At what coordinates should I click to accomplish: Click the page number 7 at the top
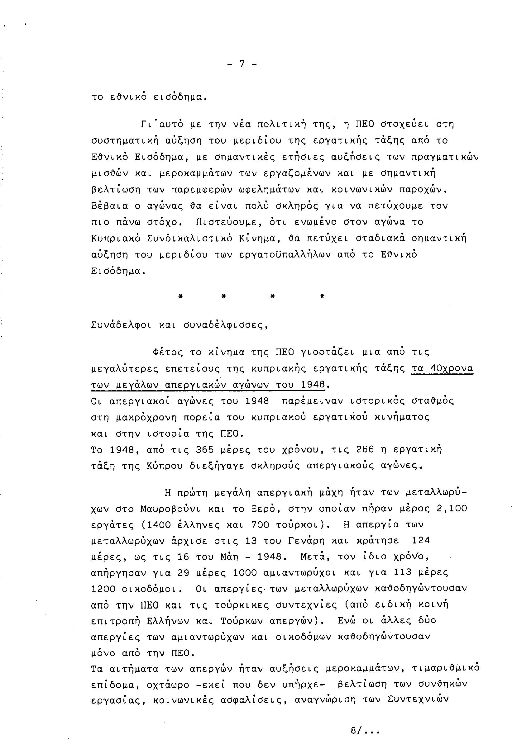[x=242, y=64]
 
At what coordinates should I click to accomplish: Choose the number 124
[x=421, y=541]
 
